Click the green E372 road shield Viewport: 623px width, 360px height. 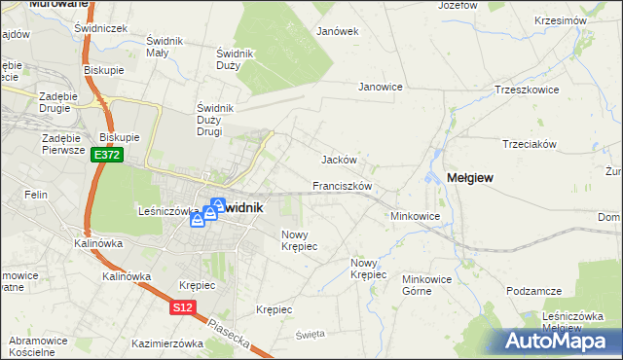click(x=107, y=156)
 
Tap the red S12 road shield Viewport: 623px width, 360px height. click(x=182, y=307)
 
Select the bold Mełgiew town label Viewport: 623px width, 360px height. click(x=469, y=177)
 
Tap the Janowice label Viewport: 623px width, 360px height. click(x=381, y=87)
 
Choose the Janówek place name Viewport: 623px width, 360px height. click(x=338, y=31)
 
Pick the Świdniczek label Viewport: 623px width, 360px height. click(x=101, y=28)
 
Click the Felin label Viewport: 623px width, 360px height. click(x=36, y=195)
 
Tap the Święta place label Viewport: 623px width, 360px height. click(x=309, y=335)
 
